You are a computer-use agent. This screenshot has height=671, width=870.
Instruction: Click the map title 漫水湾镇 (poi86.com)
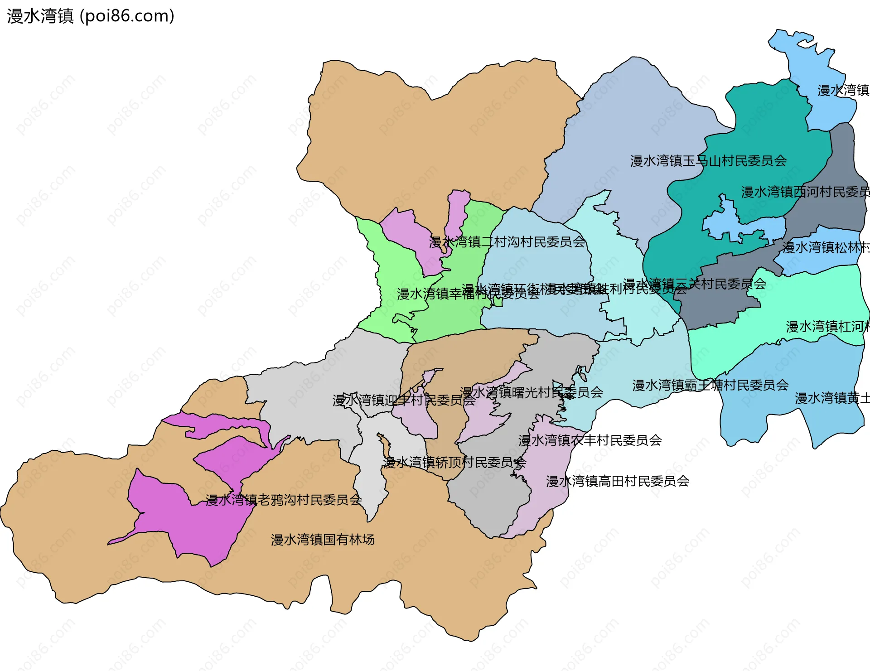(91, 16)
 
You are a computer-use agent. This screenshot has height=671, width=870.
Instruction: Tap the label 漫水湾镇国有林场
(323, 540)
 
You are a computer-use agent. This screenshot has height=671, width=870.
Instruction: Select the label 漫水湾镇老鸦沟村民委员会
(284, 500)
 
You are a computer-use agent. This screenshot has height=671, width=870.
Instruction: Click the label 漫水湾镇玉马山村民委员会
(708, 161)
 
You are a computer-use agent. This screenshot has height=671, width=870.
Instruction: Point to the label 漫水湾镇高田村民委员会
(618, 481)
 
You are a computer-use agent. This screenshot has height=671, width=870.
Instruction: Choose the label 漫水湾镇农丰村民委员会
(590, 440)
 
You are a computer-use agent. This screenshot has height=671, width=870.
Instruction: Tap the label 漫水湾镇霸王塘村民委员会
(710, 386)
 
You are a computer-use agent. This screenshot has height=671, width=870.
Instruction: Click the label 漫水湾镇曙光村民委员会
(531, 392)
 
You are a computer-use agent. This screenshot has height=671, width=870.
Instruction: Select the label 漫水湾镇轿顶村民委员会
(454, 463)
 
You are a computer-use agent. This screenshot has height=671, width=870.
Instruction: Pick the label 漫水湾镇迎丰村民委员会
(404, 401)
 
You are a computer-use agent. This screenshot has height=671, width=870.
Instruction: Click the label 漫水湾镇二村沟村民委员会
(507, 242)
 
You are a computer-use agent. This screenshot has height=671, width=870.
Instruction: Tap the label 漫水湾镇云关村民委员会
(695, 284)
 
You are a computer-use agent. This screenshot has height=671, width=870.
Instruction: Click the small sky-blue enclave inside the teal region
(743, 227)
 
